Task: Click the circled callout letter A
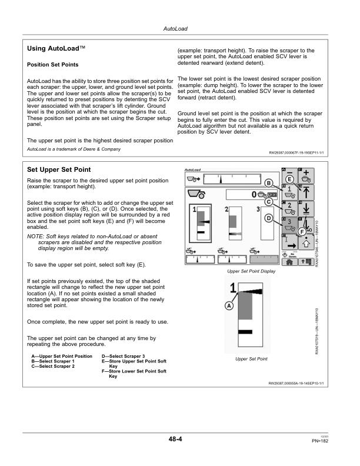point(229,306)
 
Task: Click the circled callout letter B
point(268,182)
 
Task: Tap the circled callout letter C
point(268,201)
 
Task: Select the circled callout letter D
point(268,218)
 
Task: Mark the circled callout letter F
point(301,231)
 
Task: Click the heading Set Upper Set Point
point(59,169)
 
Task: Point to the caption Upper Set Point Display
point(251,271)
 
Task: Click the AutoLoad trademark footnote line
point(74,149)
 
